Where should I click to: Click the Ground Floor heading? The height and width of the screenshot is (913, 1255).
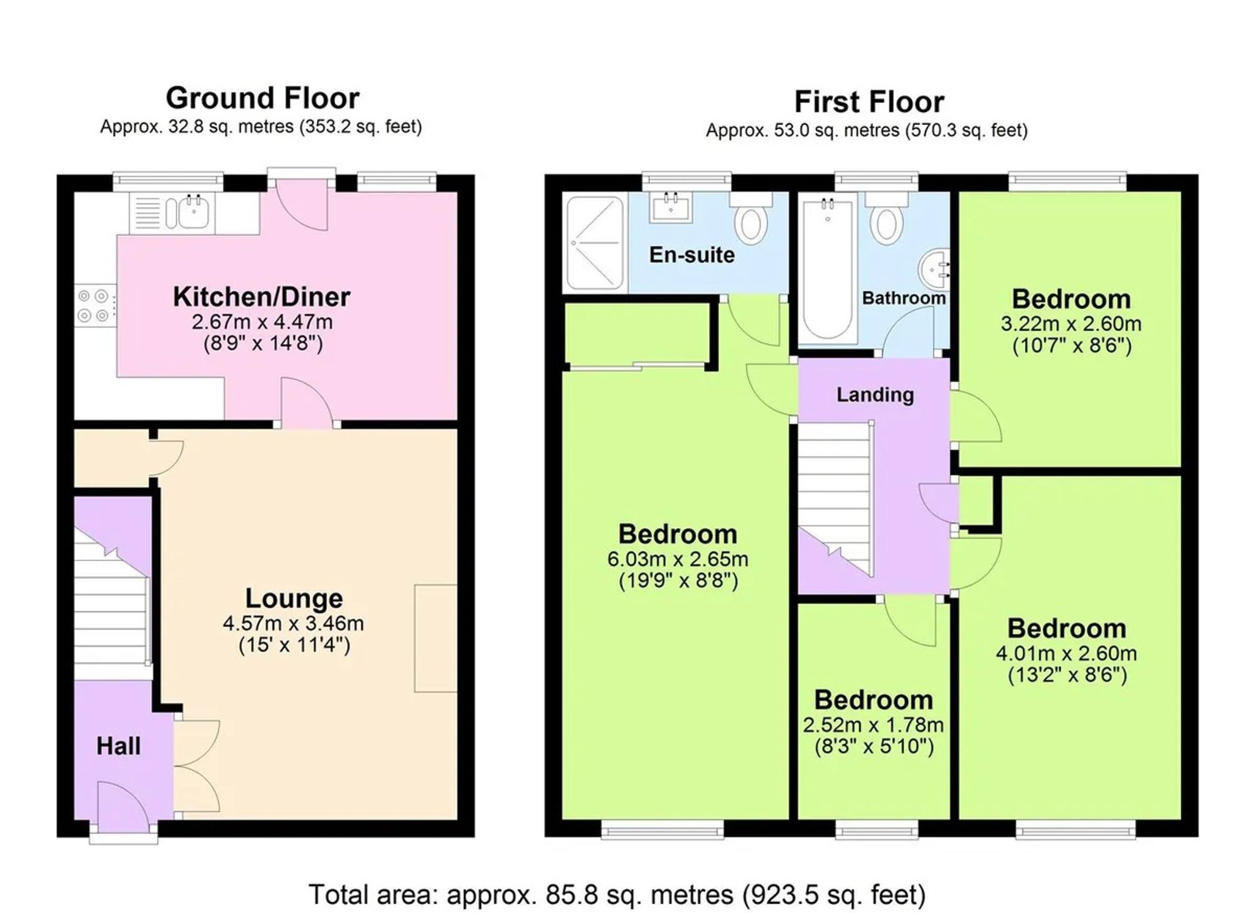click(262, 98)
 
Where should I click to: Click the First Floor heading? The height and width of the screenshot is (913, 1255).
click(869, 102)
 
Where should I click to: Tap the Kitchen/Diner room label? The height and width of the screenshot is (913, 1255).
click(262, 297)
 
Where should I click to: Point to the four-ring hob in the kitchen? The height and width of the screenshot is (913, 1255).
click(95, 306)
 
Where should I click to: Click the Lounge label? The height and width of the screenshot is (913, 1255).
click(294, 598)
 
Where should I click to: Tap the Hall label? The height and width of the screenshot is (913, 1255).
click(119, 746)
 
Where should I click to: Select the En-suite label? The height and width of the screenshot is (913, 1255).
click(692, 255)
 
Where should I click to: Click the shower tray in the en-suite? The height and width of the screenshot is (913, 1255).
click(595, 242)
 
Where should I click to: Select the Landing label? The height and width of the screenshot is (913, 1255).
click(875, 395)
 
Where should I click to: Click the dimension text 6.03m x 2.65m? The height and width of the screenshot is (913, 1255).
click(678, 558)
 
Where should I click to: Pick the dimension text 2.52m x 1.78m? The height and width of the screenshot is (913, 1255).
click(873, 725)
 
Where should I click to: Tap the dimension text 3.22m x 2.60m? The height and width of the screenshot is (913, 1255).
click(1071, 324)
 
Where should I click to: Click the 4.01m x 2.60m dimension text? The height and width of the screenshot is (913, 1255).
click(1067, 653)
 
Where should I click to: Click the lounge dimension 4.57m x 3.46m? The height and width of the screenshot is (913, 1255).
click(294, 623)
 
